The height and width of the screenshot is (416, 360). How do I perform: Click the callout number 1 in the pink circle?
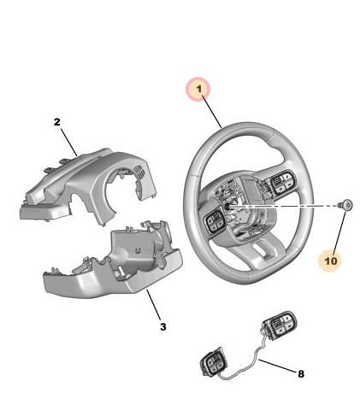pos(199,90)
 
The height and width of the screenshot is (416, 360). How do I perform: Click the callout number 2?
pos(57,122)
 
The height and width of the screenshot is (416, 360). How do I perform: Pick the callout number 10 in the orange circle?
pos(330,256)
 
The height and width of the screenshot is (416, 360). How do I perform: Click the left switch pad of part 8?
pos(213,365)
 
